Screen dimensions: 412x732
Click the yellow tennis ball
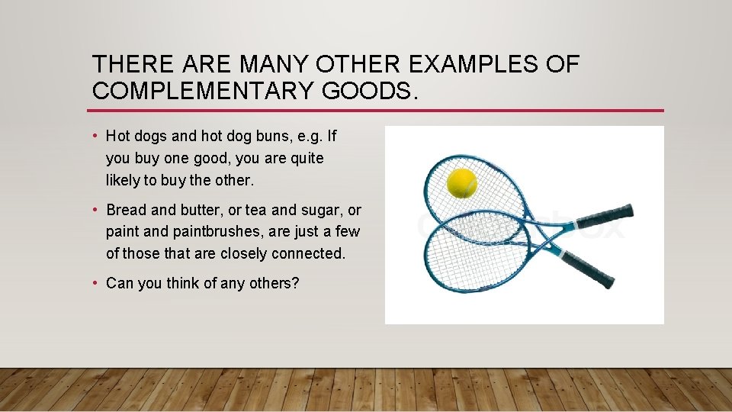coord(461,183)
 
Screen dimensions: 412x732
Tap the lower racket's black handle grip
coord(588,269)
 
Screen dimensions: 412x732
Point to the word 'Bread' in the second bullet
coord(126,210)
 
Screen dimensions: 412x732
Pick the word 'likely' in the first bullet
coord(124,181)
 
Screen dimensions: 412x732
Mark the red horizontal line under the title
coord(377,111)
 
